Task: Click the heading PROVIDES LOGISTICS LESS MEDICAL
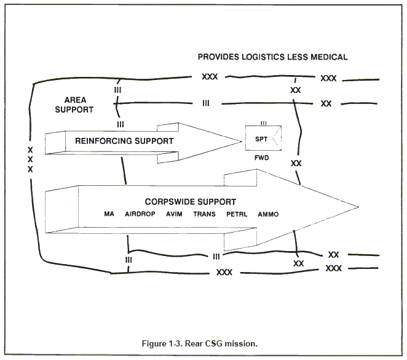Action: point(272,57)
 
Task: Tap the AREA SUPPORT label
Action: point(78,105)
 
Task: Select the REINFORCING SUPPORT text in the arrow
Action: point(124,141)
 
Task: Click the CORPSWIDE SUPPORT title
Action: point(191,201)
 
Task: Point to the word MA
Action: point(109,214)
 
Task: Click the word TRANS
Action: point(205,214)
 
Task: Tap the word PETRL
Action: point(236,214)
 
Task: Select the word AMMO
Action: point(268,214)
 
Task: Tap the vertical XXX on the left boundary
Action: point(30,159)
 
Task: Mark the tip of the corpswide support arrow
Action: point(358,204)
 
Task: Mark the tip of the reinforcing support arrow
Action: point(240,141)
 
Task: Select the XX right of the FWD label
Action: point(296,163)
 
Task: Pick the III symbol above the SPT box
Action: point(263,124)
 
